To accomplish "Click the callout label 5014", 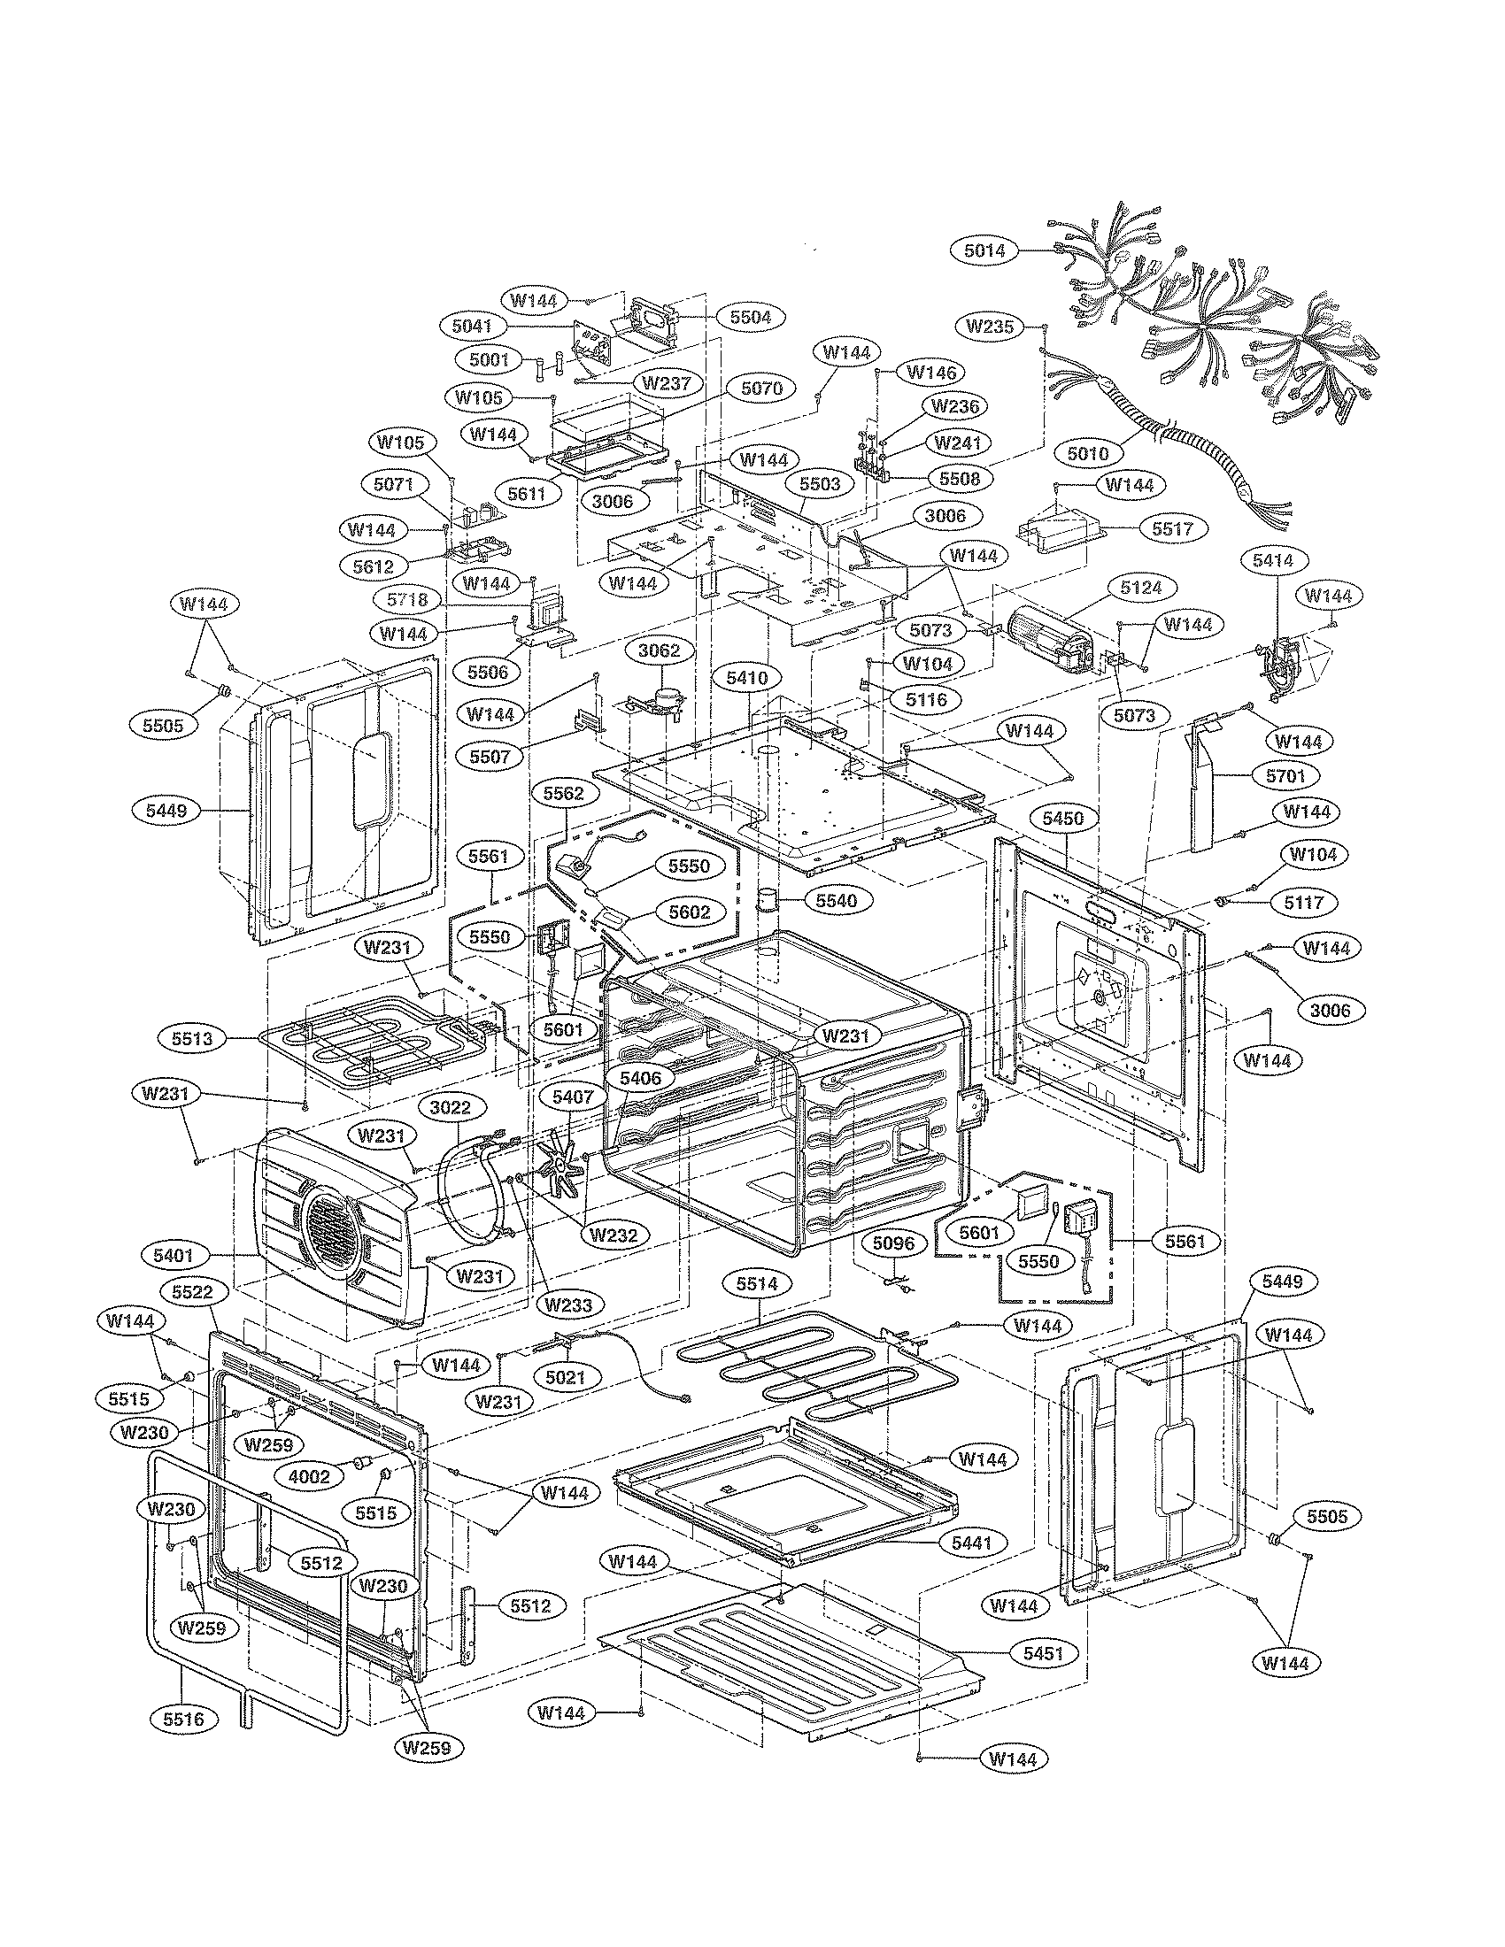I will click(x=984, y=250).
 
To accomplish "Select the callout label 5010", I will click(x=1088, y=453).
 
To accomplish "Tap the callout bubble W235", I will click(x=990, y=327).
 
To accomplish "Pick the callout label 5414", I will click(x=1272, y=560).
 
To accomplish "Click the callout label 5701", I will click(x=1285, y=774).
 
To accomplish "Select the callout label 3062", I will click(x=659, y=650).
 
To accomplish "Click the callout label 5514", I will click(x=757, y=1284).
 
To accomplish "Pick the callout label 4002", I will click(x=310, y=1476).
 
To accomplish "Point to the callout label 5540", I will click(x=835, y=900).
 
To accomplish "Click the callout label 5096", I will click(x=892, y=1243).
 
